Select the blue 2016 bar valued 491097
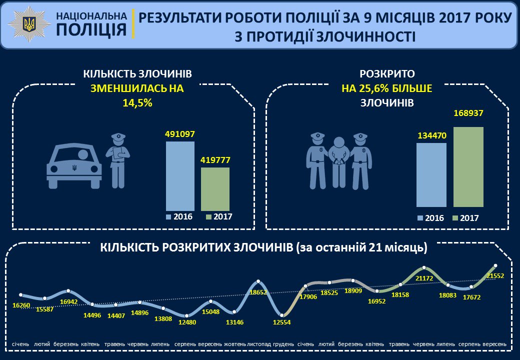tap(180, 176)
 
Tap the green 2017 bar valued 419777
tap(215, 189)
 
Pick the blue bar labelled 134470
tap(431, 175)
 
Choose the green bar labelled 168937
tap(468, 167)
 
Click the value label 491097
tap(180, 134)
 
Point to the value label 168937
tap(468, 113)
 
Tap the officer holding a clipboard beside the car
tap(118, 160)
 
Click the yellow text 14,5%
tap(137, 103)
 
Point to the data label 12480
tap(187, 322)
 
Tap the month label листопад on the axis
tap(259, 344)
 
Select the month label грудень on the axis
tap(282, 344)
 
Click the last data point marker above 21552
tap(495, 265)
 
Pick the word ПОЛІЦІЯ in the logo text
tap(90, 30)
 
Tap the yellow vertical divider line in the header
tap(133, 24)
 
